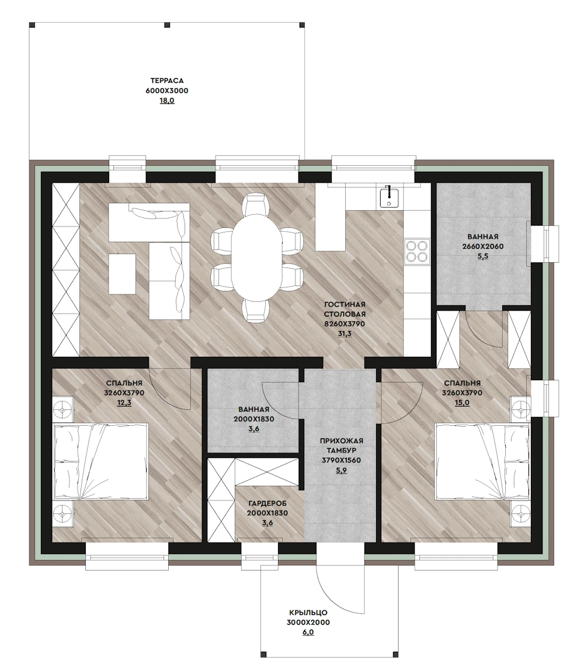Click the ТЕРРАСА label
pyautogui.click(x=167, y=81)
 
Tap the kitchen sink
pyautogui.click(x=389, y=197)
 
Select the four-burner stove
pyautogui.click(x=417, y=251)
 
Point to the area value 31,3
pyautogui.click(x=345, y=333)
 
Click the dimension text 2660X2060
pyautogui.click(x=483, y=246)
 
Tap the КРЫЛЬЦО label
pyautogui.click(x=308, y=613)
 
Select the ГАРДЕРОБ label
pyautogui.click(x=267, y=503)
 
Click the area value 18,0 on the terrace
pyautogui.click(x=167, y=101)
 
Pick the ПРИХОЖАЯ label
pyautogui.click(x=341, y=441)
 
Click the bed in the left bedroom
pyautogui.click(x=100, y=461)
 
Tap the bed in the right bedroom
pyautogui.click(x=482, y=461)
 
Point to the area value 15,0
pyautogui.click(x=462, y=403)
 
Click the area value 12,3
pyautogui.click(x=124, y=403)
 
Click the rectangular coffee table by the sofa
pyautogui.click(x=122, y=274)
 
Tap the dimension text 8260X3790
pyautogui.click(x=345, y=324)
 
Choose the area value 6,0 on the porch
pyautogui.click(x=308, y=632)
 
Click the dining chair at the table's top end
pyautogui.click(x=256, y=203)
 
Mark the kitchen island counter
pyautogui.click(x=331, y=218)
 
